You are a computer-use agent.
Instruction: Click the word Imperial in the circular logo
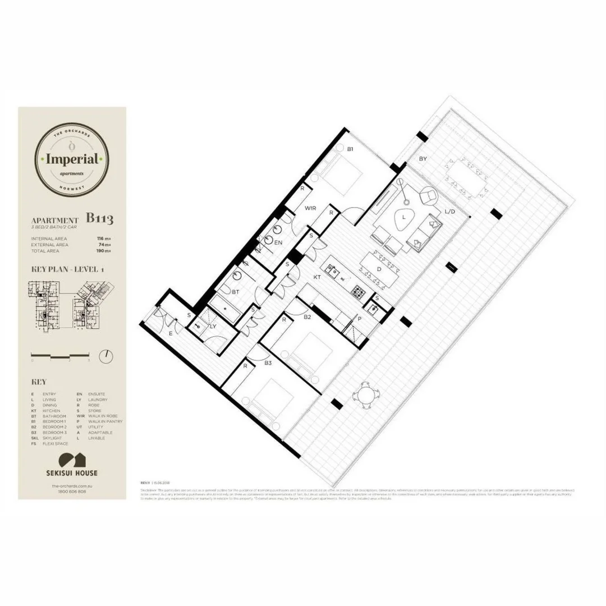(72, 159)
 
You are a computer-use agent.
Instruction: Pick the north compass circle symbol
(105, 355)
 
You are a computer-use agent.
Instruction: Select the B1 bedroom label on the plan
(350, 149)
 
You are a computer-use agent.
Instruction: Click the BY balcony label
(423, 159)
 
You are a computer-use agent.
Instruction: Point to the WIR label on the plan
(310, 208)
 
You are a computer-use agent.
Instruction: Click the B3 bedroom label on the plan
(268, 364)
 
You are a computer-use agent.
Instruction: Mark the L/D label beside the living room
(449, 212)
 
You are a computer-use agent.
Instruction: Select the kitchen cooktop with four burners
(358, 291)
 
